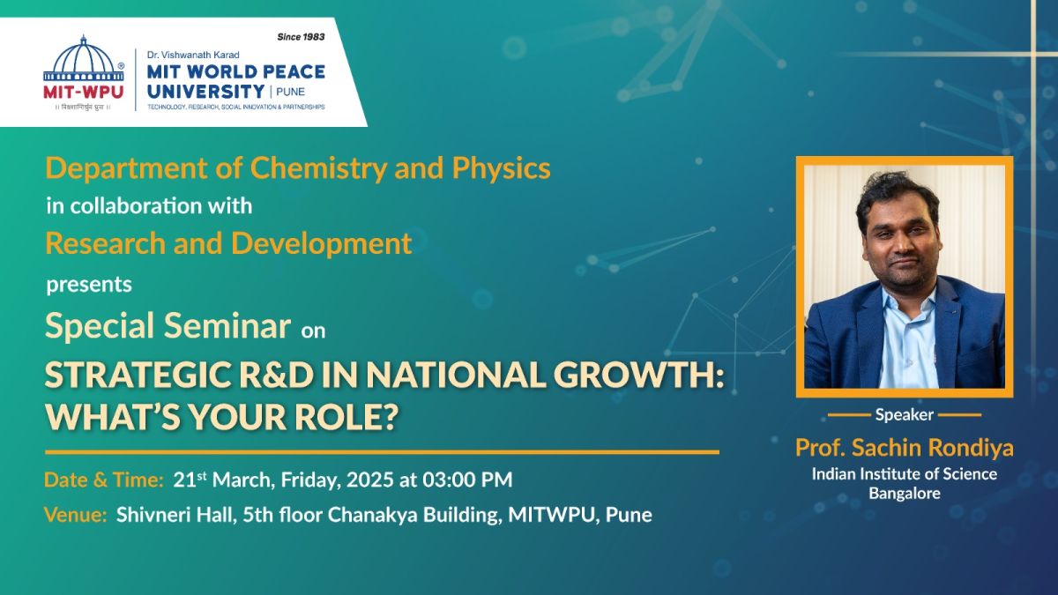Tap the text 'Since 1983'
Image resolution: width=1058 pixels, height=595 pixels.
tap(301, 37)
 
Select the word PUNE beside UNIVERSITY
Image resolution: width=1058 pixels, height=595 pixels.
tap(290, 92)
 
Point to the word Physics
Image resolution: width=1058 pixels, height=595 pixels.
tap(501, 168)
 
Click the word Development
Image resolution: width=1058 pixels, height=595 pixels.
tap(321, 243)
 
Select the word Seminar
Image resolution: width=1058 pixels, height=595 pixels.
tap(227, 325)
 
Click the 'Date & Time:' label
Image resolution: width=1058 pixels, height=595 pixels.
tap(104, 480)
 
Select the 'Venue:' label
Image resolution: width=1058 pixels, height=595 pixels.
tap(76, 514)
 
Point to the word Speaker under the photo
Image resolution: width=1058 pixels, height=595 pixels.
tap(904, 414)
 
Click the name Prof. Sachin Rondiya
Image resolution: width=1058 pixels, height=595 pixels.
tap(904, 448)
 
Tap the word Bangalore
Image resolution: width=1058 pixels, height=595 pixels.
tap(905, 494)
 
